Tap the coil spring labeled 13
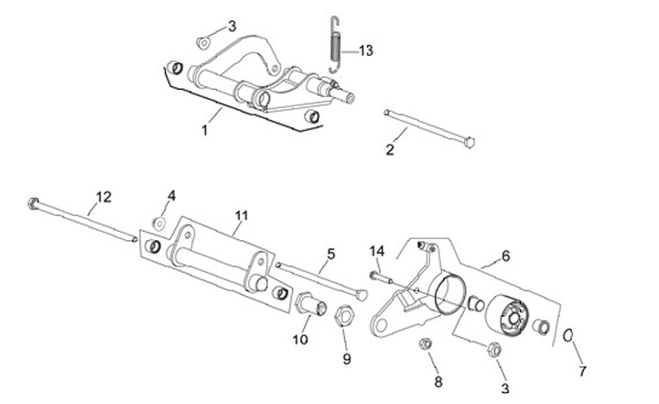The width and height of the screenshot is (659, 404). pos(336,46)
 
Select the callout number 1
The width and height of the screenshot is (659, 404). pos(205,131)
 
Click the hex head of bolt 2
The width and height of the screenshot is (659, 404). pos(470,142)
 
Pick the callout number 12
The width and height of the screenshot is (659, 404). pos(103,196)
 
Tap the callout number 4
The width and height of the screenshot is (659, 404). pos(170,197)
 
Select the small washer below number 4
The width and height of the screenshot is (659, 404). pos(158,222)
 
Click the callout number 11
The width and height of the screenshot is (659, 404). pos(242,216)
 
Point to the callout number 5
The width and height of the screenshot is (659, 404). pos(330,253)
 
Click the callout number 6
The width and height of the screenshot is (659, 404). pos(505,256)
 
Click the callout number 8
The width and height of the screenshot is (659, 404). pos(438,381)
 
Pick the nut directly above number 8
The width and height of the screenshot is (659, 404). pos(426,344)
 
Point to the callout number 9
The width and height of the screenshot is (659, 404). pos(347,360)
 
